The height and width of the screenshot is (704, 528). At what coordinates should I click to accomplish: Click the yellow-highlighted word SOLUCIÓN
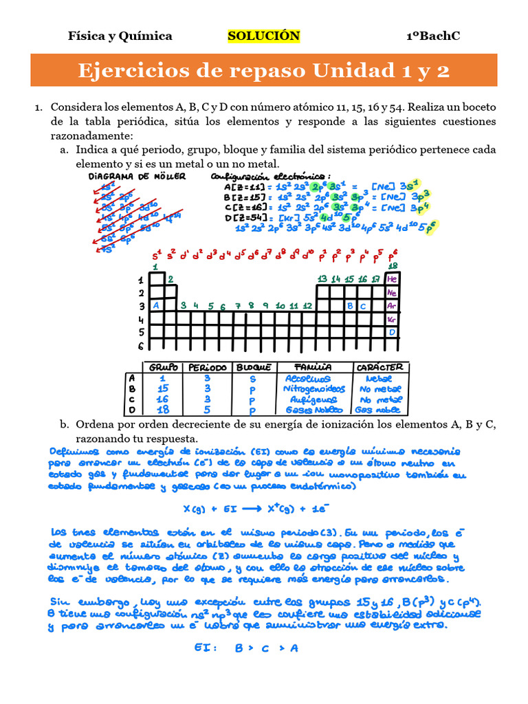(263, 36)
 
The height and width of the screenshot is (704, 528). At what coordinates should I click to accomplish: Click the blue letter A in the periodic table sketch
(156, 305)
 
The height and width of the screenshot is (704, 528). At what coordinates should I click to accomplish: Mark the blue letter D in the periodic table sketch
(393, 332)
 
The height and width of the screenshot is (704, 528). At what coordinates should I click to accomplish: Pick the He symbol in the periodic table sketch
(393, 279)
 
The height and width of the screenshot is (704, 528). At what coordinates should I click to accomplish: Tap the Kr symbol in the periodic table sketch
(393, 319)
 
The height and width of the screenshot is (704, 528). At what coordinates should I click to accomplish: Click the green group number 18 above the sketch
(393, 266)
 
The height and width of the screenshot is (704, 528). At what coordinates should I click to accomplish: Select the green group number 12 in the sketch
(307, 305)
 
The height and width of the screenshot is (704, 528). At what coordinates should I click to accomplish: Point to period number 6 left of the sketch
(141, 346)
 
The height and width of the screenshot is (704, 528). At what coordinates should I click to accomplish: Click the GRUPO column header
(164, 367)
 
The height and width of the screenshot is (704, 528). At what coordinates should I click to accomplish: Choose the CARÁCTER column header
(380, 367)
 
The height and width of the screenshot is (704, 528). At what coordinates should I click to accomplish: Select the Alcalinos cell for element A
(307, 378)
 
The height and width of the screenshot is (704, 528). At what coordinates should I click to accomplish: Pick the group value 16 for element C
(162, 399)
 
